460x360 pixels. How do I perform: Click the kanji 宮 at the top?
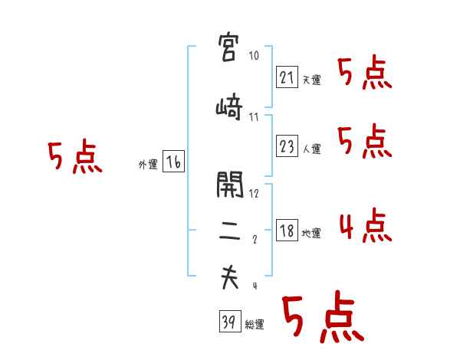pos(230,48)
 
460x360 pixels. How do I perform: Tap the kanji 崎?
pos(230,108)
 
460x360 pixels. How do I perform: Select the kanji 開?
pos(230,185)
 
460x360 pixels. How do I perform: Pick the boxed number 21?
pos(287,77)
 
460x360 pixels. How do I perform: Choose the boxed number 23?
pos(287,146)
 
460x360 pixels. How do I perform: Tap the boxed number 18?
pos(287,230)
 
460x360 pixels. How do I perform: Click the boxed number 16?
pos(173,161)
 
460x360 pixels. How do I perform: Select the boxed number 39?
pos(228,322)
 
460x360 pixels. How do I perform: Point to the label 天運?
pos(311,80)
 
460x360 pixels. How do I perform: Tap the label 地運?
pos(311,234)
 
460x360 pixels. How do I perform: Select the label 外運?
pos(147,165)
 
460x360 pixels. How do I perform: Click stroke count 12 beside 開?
pos(255,193)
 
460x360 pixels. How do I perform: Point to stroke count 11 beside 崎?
pos(254,117)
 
